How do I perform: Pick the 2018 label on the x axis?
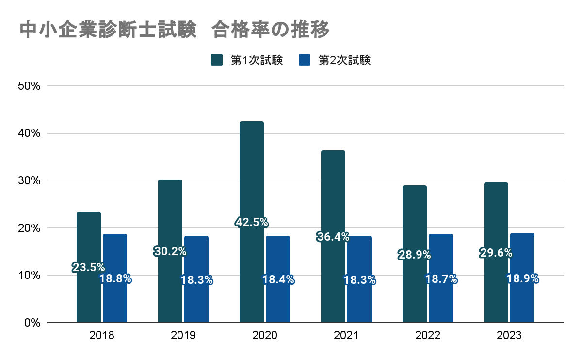pyautogui.click(x=102, y=336)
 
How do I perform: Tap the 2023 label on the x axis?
pyautogui.click(x=509, y=336)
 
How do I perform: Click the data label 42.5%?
pyautogui.click(x=252, y=222)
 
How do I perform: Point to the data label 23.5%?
pyautogui.click(x=89, y=267)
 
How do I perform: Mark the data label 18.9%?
pyautogui.click(x=522, y=279)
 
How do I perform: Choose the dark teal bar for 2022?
pyautogui.click(x=415, y=291)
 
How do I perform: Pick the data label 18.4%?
pyautogui.click(x=278, y=279)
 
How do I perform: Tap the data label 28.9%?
pyautogui.click(x=415, y=254)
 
